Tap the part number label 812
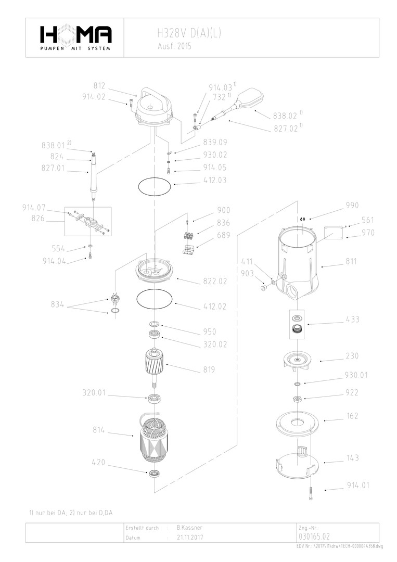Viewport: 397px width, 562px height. (x=99, y=86)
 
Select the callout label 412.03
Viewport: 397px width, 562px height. (x=214, y=181)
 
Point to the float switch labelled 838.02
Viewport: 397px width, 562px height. (x=250, y=99)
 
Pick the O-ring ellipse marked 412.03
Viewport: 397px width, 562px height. (x=155, y=186)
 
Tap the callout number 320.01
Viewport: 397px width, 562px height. (x=94, y=393)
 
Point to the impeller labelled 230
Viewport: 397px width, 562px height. (x=296, y=361)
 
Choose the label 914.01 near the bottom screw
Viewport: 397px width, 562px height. (x=358, y=486)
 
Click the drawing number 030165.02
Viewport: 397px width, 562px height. (x=314, y=537)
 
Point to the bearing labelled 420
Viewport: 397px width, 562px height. (x=155, y=474)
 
